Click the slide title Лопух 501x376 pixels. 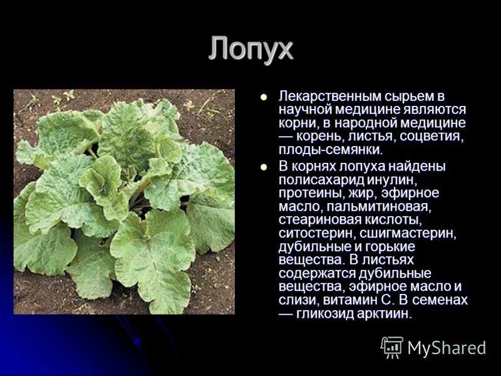(x=250, y=49)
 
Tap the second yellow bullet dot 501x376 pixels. (x=264, y=167)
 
